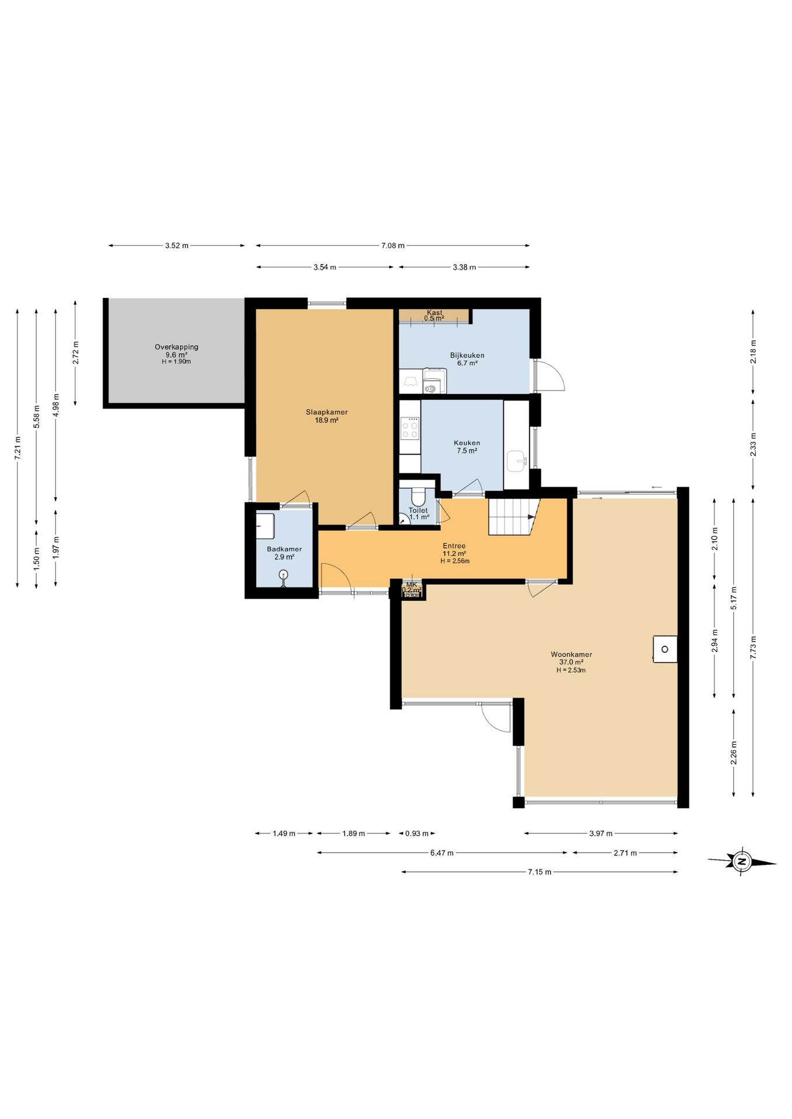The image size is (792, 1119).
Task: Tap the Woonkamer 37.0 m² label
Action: point(571,658)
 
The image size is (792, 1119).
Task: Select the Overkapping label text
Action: point(176,347)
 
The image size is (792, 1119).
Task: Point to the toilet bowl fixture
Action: point(418,497)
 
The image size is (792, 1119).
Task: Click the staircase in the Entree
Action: point(512,517)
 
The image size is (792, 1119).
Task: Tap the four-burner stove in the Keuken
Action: point(410,430)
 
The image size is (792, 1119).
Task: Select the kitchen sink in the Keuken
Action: point(517,460)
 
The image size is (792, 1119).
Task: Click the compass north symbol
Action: point(742,861)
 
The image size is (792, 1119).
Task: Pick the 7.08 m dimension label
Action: point(393,245)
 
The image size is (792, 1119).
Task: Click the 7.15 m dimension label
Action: point(539,872)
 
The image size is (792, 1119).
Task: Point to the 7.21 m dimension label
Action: point(17,448)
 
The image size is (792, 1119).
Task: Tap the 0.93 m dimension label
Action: point(417,833)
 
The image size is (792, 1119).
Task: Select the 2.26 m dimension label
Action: point(734,752)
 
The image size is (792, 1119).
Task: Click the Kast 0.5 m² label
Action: point(434,315)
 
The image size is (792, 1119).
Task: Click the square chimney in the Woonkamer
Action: point(665,649)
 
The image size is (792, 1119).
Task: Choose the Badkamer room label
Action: point(284,553)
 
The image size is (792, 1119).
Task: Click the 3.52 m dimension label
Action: point(177,245)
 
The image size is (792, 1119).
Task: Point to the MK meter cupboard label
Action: point(412,587)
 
